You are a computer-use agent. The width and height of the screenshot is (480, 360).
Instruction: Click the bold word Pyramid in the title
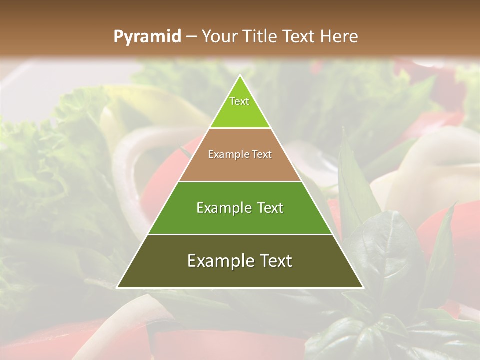pyautogui.click(x=147, y=37)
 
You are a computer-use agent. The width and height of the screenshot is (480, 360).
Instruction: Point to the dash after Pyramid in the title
pyautogui.click(x=191, y=37)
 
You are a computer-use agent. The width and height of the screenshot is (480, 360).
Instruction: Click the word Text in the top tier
pyautogui.click(x=239, y=101)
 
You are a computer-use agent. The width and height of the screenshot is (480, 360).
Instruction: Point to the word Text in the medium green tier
pyautogui.click(x=269, y=208)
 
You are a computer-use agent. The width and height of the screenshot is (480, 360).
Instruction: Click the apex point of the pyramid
pyautogui.click(x=240, y=75)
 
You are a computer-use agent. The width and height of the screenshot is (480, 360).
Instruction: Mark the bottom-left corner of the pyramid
pyautogui.click(x=117, y=288)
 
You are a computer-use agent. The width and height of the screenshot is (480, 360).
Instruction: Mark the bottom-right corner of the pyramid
pyautogui.click(x=363, y=288)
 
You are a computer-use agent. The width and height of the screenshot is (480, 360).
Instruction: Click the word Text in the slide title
pyautogui.click(x=300, y=36)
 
